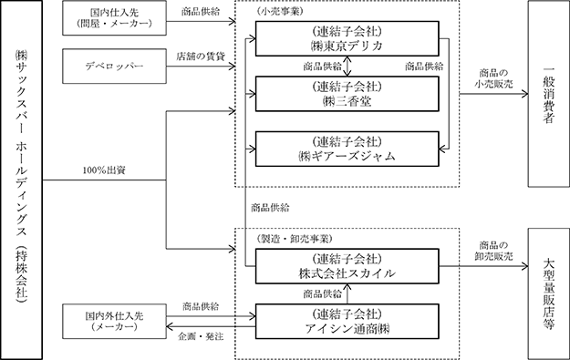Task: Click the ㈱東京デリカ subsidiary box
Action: tap(347, 38)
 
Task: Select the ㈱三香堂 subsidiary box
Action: tap(347, 94)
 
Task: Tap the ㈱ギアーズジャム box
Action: tap(347, 149)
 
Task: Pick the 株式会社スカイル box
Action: tap(347, 266)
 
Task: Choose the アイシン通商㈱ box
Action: tap(347, 322)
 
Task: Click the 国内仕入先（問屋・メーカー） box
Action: tap(115, 18)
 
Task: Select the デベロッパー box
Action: tap(115, 67)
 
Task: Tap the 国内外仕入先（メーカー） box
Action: tap(115, 322)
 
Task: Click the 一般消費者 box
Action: tap(549, 94)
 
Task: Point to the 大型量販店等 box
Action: tap(549, 293)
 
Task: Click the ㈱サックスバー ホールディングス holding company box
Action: tap(21, 180)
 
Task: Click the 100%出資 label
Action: tap(104, 170)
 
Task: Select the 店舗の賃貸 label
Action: tap(201, 57)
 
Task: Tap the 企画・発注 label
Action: tap(201, 336)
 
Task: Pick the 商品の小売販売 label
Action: tap(493, 78)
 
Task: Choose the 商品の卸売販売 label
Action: tap(493, 251)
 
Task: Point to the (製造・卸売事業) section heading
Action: tap(294, 239)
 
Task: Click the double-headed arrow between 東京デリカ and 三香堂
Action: tap(347, 67)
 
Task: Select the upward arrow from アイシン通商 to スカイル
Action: tap(347, 293)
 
